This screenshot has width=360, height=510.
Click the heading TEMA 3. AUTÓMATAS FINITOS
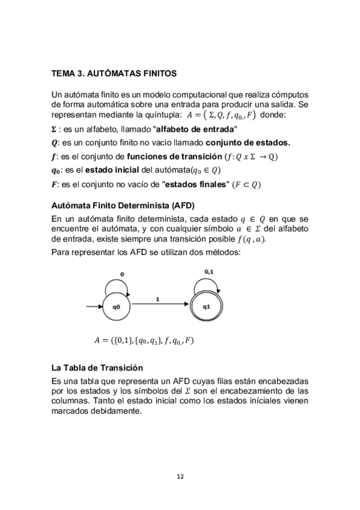(114, 74)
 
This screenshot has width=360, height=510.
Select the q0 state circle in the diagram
(117, 307)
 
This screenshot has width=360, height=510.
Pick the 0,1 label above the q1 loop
(209, 272)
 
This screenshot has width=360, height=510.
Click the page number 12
(180, 476)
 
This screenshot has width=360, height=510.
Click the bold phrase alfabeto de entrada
(196, 129)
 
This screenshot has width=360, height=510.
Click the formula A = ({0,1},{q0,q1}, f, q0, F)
(144, 340)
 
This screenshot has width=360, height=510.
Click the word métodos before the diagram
(223, 252)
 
